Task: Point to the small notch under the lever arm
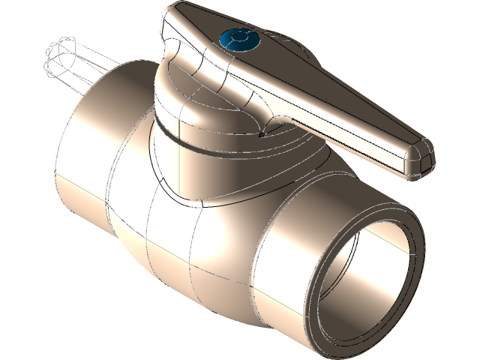tap(260, 135)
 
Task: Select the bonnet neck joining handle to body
tap(202, 172)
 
